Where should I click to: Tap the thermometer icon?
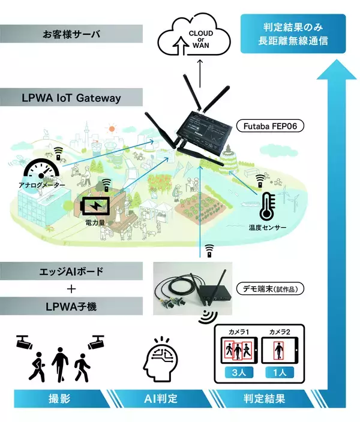point(266,207)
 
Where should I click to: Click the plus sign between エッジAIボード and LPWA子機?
point(71,289)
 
